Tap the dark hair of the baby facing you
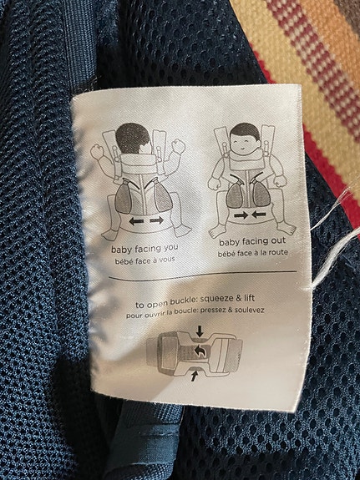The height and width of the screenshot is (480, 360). [132, 138]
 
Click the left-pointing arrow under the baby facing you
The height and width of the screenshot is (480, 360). [136, 221]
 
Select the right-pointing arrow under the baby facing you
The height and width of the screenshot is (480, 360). [157, 220]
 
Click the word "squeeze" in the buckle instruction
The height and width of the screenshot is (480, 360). [214, 300]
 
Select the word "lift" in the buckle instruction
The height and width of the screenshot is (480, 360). [249, 298]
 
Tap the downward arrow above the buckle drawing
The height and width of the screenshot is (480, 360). [200, 331]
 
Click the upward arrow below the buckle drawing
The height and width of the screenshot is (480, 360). [194, 376]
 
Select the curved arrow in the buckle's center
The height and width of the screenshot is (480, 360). [200, 351]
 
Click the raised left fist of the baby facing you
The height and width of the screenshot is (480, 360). [96, 151]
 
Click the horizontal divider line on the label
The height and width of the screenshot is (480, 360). [203, 275]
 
